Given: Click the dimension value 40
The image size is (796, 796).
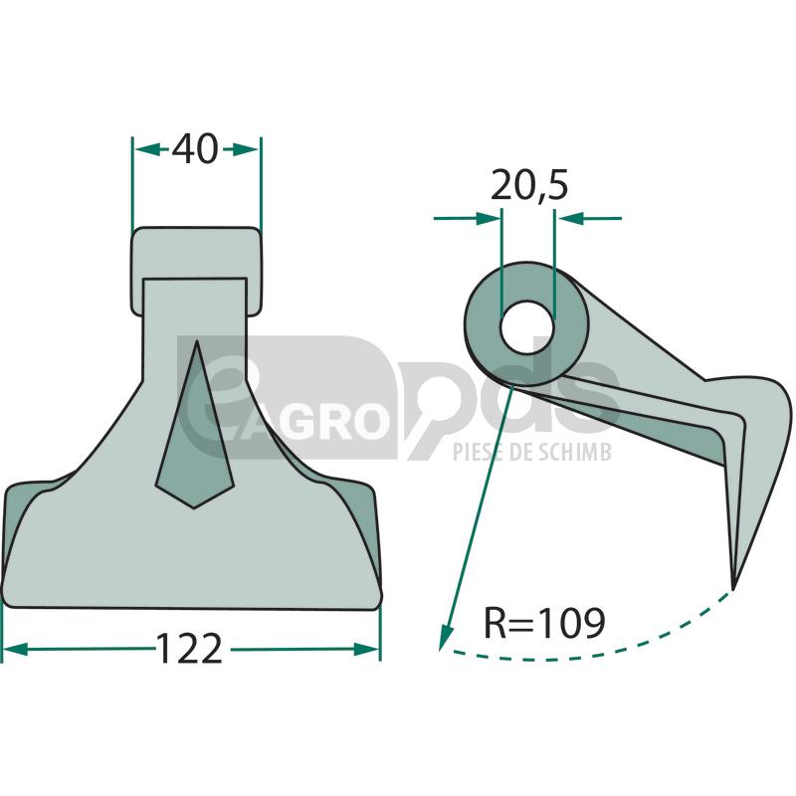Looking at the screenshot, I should coord(195,149).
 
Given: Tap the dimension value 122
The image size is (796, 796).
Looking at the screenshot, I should coord(189,650).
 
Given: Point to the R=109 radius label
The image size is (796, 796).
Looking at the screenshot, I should coord(543,624).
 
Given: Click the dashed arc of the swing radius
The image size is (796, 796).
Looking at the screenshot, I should coord(597,653).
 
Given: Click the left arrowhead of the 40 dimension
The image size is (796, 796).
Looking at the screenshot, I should coord(145,149).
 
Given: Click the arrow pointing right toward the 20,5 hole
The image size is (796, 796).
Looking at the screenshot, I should coord(489,217).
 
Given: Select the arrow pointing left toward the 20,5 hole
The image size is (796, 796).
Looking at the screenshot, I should coord(568,217).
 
